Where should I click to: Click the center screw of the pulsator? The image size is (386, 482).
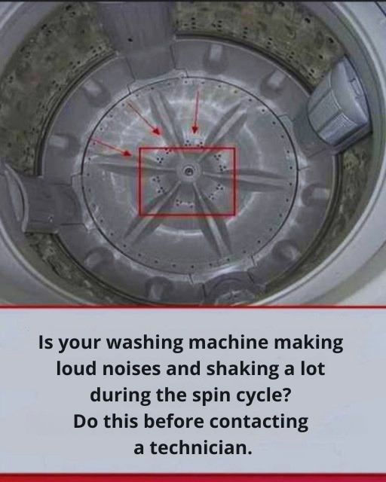tap(188, 171)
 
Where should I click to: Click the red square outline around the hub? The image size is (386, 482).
tap(139, 182)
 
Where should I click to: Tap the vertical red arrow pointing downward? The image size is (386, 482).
tap(195, 112)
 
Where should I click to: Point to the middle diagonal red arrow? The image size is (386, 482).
tap(144, 118)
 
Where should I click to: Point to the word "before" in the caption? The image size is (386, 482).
tap(173, 422)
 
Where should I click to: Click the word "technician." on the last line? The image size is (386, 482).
tap(201, 448)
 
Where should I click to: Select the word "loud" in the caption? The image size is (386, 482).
tap(76, 368)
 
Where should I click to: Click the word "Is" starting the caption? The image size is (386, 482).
tap(45, 343)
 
